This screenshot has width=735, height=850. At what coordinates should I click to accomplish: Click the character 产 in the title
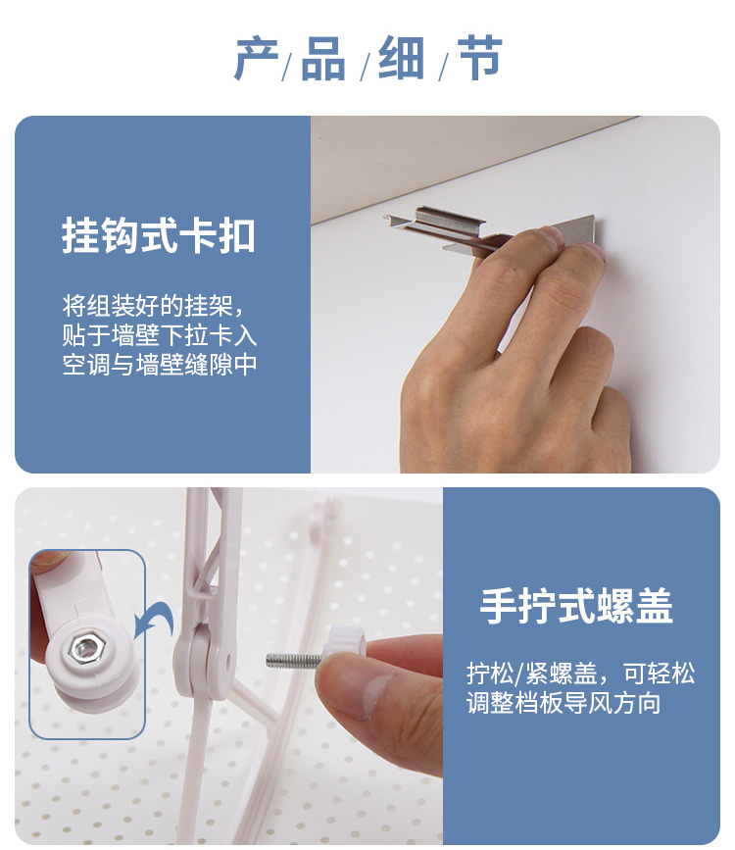click(257, 58)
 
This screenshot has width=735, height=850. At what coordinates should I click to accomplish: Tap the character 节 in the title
click(481, 57)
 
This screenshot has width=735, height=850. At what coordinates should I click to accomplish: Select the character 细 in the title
click(401, 58)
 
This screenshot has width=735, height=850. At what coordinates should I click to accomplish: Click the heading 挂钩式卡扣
click(159, 236)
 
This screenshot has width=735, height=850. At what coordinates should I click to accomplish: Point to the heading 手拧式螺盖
click(576, 606)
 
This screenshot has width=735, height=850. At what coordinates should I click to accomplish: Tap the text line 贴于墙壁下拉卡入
click(160, 335)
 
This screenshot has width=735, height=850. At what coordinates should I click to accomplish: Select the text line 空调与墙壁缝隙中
click(160, 365)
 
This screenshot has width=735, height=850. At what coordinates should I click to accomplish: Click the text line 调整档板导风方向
click(563, 703)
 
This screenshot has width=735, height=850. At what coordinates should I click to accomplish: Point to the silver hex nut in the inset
click(83, 647)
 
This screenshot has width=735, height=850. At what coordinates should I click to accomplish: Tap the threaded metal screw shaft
click(294, 660)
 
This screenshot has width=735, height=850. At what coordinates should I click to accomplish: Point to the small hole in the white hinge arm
click(227, 661)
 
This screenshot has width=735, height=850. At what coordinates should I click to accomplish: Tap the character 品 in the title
click(323, 58)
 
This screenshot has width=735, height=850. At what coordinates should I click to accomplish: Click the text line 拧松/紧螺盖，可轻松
click(580, 674)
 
